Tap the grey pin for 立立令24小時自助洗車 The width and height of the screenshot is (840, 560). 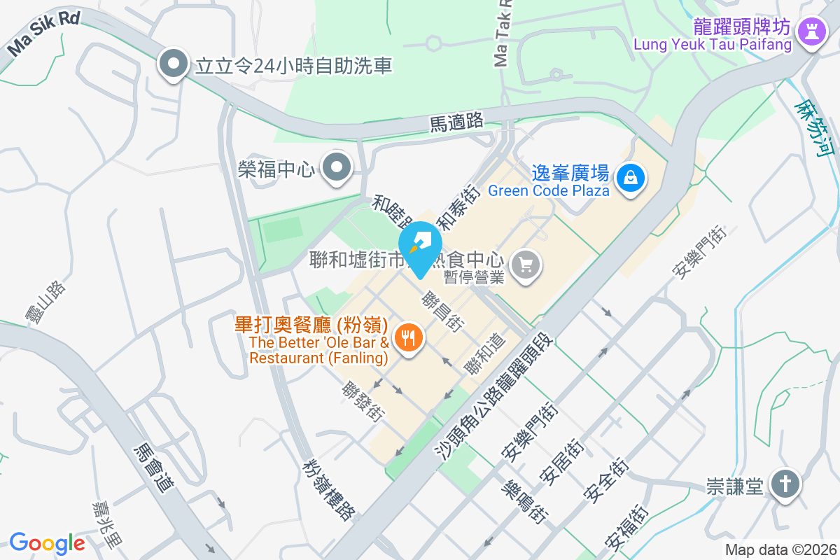tap(172, 65)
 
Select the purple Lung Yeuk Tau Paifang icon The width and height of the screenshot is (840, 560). tap(812, 29)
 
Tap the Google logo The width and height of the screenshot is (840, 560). tap(47, 543)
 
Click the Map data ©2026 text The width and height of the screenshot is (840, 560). tap(780, 549)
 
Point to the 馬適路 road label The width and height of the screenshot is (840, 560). tap(456, 122)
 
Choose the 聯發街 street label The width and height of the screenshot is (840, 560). tap(364, 401)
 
